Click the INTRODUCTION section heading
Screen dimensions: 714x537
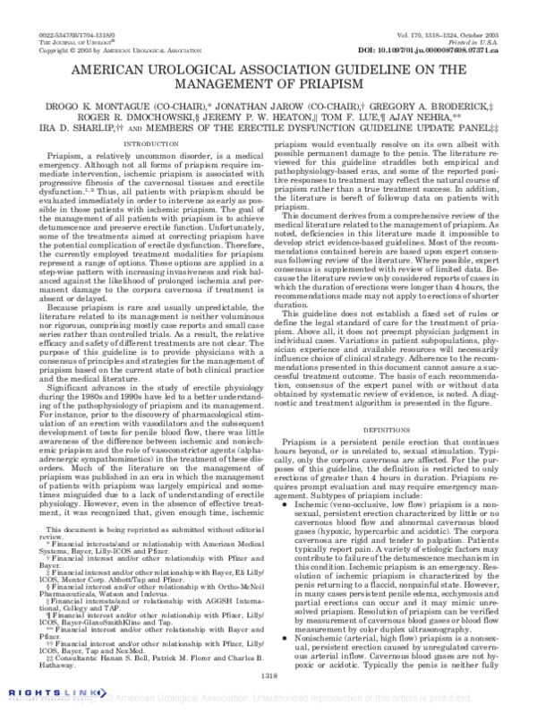click(149, 143)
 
